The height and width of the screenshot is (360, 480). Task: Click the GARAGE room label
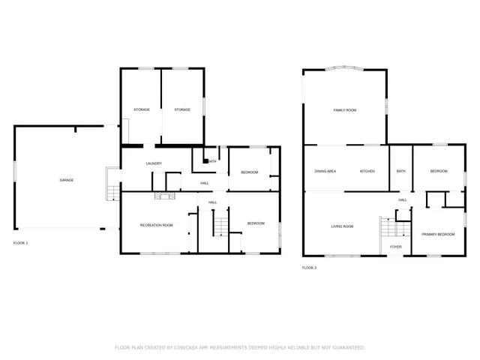(66, 181)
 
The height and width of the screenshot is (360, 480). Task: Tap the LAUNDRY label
(154, 163)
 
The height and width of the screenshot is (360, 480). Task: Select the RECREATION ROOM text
(156, 225)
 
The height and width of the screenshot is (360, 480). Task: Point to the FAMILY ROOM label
(344, 110)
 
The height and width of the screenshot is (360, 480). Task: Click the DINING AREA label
(325, 172)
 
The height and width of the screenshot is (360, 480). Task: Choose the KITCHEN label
(367, 172)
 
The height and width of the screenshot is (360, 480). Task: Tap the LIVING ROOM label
(342, 226)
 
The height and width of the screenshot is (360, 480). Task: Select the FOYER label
(395, 247)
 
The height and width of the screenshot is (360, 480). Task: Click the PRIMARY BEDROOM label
(438, 235)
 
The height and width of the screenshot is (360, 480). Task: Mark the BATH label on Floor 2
(400, 172)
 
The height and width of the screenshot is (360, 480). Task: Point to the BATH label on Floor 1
(212, 161)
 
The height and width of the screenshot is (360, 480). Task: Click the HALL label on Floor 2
(403, 200)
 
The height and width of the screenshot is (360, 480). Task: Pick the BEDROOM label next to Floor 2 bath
(439, 172)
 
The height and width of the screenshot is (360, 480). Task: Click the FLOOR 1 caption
(20, 243)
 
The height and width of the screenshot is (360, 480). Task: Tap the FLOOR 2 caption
(309, 268)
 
